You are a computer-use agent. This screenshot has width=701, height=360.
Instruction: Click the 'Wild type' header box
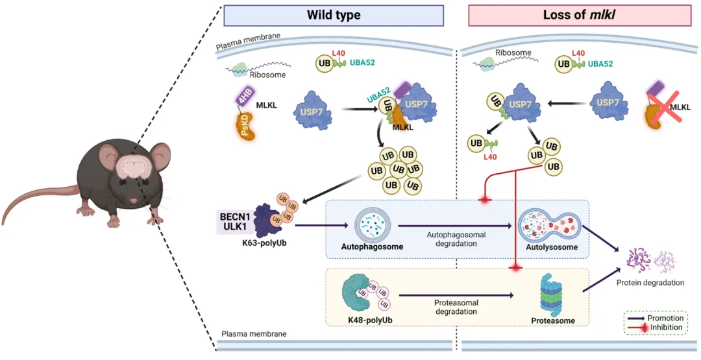(x=334, y=15)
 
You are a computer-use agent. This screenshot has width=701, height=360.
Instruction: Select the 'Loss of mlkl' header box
(x=579, y=15)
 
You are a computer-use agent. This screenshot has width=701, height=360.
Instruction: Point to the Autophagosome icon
(x=368, y=224)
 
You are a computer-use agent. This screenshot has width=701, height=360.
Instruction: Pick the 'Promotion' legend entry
(x=666, y=318)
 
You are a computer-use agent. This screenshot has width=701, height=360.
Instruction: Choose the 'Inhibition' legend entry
(x=666, y=328)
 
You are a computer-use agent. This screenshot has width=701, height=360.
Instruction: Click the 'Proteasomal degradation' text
(x=453, y=307)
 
